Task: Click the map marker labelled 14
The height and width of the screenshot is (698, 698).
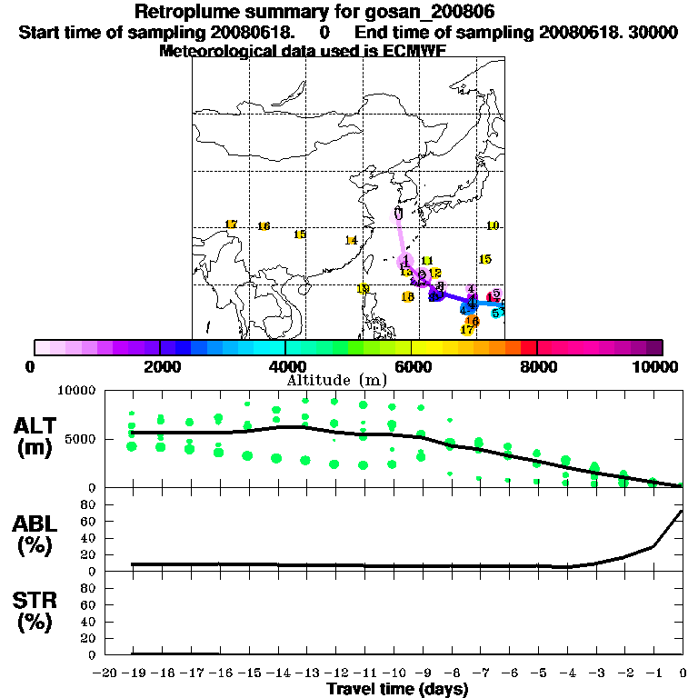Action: pos(351,240)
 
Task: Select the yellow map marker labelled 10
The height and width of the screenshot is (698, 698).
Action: pos(493,225)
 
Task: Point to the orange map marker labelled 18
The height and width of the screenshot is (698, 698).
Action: pos(408,296)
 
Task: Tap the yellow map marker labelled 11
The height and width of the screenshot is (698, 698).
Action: pos(427,261)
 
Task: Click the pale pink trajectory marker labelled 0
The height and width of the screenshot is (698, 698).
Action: pos(398,214)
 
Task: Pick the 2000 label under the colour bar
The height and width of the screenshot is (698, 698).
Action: pos(159,366)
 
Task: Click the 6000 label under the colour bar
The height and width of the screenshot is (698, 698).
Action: pos(411,366)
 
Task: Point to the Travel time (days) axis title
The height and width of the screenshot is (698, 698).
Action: pos(397,690)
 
